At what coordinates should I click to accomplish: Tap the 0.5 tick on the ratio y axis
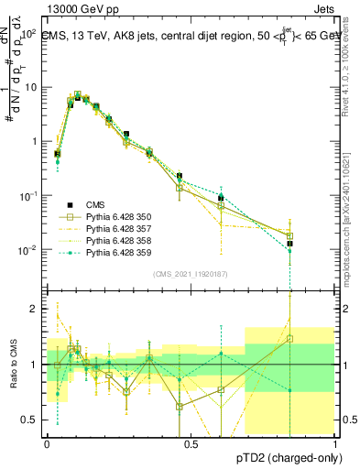pos(32,420)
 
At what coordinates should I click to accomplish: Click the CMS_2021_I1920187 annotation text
pos(191,274)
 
